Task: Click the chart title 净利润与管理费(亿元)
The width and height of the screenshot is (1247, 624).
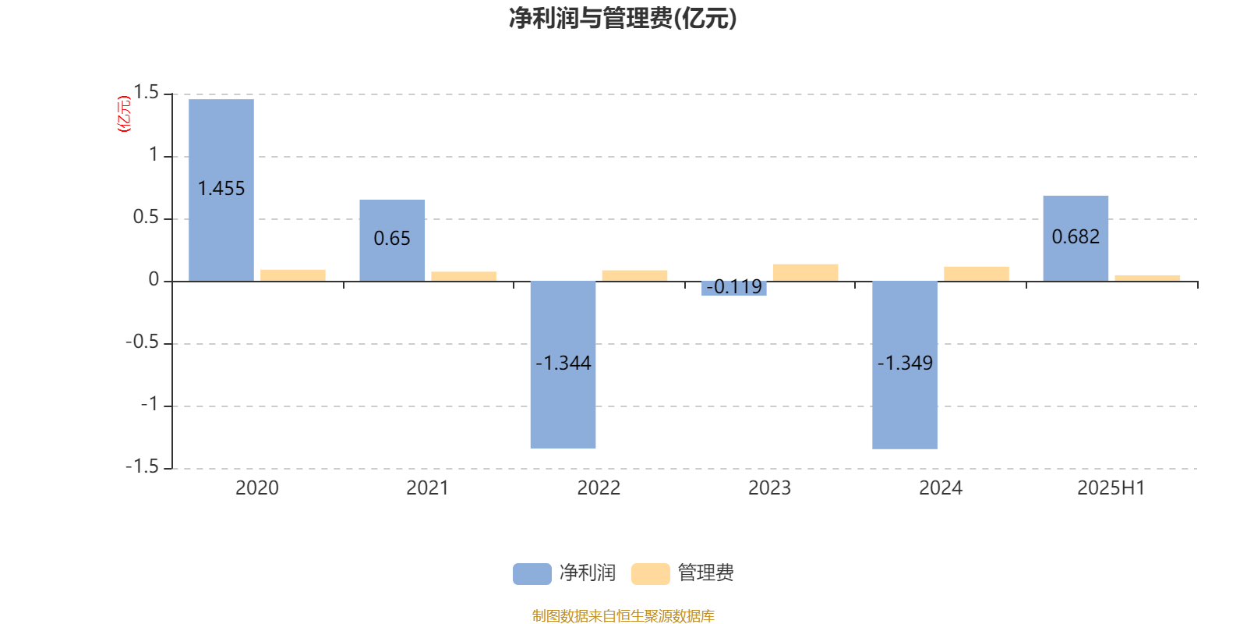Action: pyautogui.click(x=623, y=19)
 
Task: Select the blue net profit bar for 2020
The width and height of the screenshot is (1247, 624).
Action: pyautogui.click(x=221, y=190)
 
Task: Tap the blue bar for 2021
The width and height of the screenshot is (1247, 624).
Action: pyautogui.click(x=392, y=240)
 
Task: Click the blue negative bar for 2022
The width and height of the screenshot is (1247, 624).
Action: pyautogui.click(x=563, y=365)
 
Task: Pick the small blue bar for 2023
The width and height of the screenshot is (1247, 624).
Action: pyautogui.click(x=733, y=289)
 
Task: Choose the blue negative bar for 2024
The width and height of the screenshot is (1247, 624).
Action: pyautogui.click(x=905, y=365)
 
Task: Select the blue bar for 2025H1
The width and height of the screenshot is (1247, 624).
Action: pyautogui.click(x=1076, y=239)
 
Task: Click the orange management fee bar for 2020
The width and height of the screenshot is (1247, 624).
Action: pyautogui.click(x=293, y=276)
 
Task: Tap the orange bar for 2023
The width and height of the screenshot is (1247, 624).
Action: pyautogui.click(x=806, y=273)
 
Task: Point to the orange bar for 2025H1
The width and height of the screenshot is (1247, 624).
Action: pyautogui.click(x=1147, y=278)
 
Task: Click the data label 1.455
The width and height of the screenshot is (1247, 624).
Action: pyautogui.click(x=221, y=188)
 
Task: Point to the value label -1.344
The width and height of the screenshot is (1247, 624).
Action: pyautogui.click(x=563, y=363)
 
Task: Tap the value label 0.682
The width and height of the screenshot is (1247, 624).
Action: pyautogui.click(x=1076, y=237)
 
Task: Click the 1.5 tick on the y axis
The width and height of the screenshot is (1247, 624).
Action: pyautogui.click(x=147, y=93)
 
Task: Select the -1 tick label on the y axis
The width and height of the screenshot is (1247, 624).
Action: pyautogui.click(x=149, y=405)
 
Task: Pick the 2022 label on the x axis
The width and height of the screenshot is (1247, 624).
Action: pyautogui.click(x=599, y=488)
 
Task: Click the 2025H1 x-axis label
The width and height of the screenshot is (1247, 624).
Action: pyautogui.click(x=1111, y=488)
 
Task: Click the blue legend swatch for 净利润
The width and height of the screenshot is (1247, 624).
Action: pyautogui.click(x=532, y=574)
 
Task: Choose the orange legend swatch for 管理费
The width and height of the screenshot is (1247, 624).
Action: pyautogui.click(x=650, y=574)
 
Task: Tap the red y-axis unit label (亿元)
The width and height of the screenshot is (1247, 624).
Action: pyautogui.click(x=124, y=114)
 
